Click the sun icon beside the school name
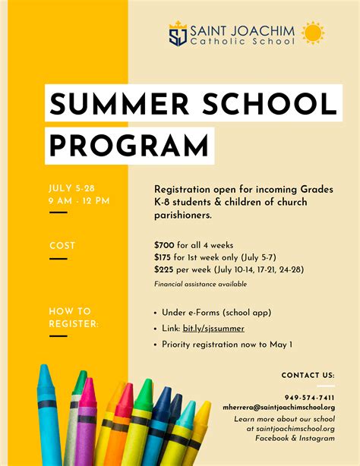(x=312, y=33)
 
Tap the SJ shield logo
(x=178, y=34)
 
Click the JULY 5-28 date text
(x=71, y=187)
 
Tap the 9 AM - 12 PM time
(x=79, y=200)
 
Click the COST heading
(x=62, y=245)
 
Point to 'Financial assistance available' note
(x=201, y=284)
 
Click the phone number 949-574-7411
(x=309, y=398)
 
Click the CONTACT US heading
(x=308, y=375)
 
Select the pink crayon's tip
(x=89, y=384)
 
